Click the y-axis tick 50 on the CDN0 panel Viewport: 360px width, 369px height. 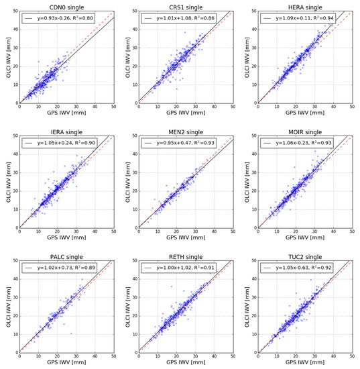pyautogui.click(x=14, y=11)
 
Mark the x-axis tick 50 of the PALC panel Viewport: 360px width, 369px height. pyautogui.click(x=113, y=358)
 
